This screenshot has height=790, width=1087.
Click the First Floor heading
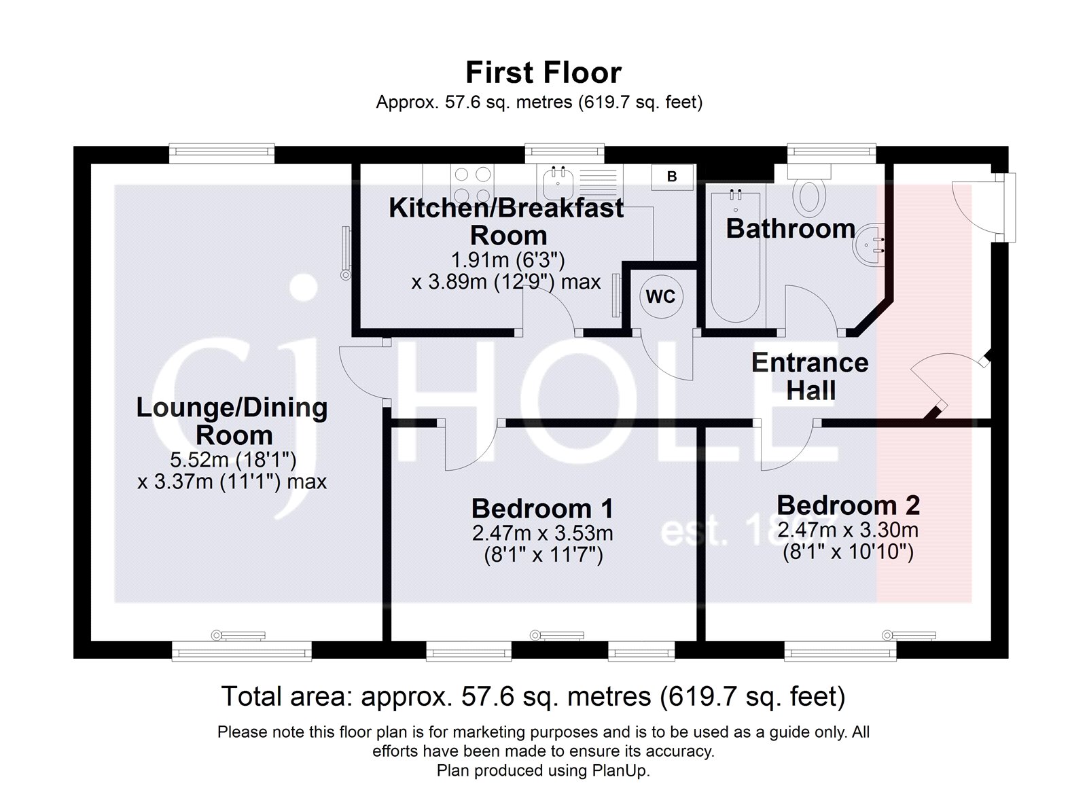543,73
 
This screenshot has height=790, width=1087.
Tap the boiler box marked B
671,177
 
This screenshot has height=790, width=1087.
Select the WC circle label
660,296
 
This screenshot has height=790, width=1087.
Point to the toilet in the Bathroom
808,191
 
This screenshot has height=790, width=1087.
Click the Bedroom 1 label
542,508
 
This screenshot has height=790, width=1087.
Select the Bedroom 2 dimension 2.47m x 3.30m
848,530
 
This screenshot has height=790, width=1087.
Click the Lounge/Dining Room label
232,421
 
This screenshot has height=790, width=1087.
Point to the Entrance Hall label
810,376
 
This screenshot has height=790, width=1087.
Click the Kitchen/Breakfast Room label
506,221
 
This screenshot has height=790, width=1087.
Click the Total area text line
533,696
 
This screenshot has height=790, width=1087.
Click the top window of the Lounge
221,151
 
